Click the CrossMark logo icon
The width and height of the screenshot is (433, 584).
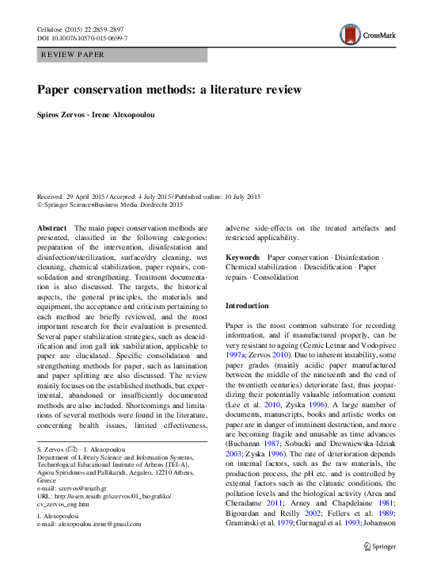tap(350, 34)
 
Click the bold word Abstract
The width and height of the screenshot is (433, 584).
tap(52, 227)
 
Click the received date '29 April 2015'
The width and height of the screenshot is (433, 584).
tap(93, 197)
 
